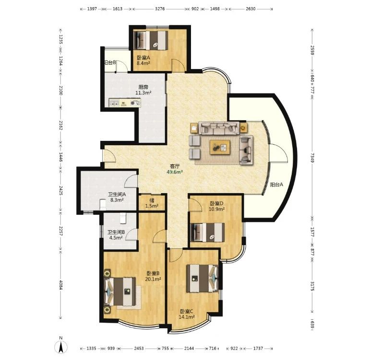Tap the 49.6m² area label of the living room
[x=175, y=172]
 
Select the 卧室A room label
[x=143, y=58]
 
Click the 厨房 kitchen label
[x=143, y=87]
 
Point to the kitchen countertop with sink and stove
[x=125, y=103]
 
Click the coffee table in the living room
[x=220, y=147]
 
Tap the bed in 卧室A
[x=151, y=40]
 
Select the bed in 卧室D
[x=207, y=232]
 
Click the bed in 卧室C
[x=202, y=279]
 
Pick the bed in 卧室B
[x=120, y=291]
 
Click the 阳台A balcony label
[x=276, y=185]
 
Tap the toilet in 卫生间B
[x=123, y=218]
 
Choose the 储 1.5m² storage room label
[x=152, y=203]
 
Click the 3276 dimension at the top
[x=160, y=9]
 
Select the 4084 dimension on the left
[x=60, y=285]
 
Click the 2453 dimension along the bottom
[x=139, y=348]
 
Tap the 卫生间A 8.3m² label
[x=117, y=197]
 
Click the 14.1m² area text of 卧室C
[x=186, y=317]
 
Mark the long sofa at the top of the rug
[x=219, y=128]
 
